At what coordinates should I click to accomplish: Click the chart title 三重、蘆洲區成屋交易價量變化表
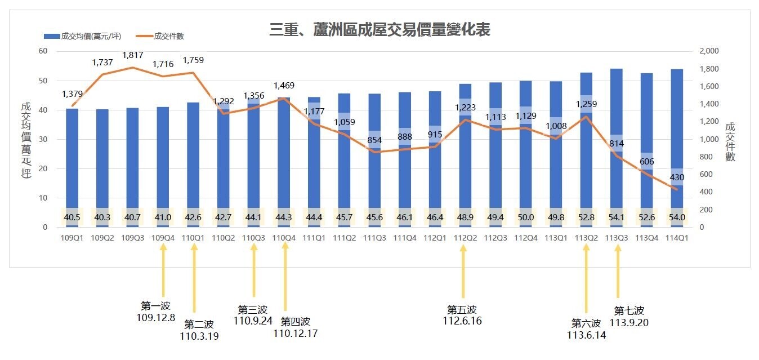coord(379,30)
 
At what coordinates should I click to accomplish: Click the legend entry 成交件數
coord(169,36)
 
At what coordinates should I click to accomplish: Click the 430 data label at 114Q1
coord(677,177)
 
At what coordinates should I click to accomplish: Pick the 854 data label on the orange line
coord(374,140)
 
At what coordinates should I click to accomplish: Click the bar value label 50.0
coord(526,217)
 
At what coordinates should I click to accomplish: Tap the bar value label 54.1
coord(617,217)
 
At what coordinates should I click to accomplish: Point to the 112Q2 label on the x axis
coord(465,238)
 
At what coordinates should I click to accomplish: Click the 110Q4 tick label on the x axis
coord(284,238)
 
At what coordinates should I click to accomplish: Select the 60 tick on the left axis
coord(43,51)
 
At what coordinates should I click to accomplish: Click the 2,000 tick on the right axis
coord(708,51)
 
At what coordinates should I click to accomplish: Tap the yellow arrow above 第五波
coord(463,273)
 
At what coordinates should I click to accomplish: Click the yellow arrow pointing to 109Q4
coord(163,273)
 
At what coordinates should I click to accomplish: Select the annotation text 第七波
coord(629,310)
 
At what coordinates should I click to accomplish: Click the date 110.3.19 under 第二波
coord(199,336)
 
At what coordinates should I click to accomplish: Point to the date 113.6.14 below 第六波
coord(586,335)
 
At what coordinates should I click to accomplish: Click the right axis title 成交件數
coord(730,141)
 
